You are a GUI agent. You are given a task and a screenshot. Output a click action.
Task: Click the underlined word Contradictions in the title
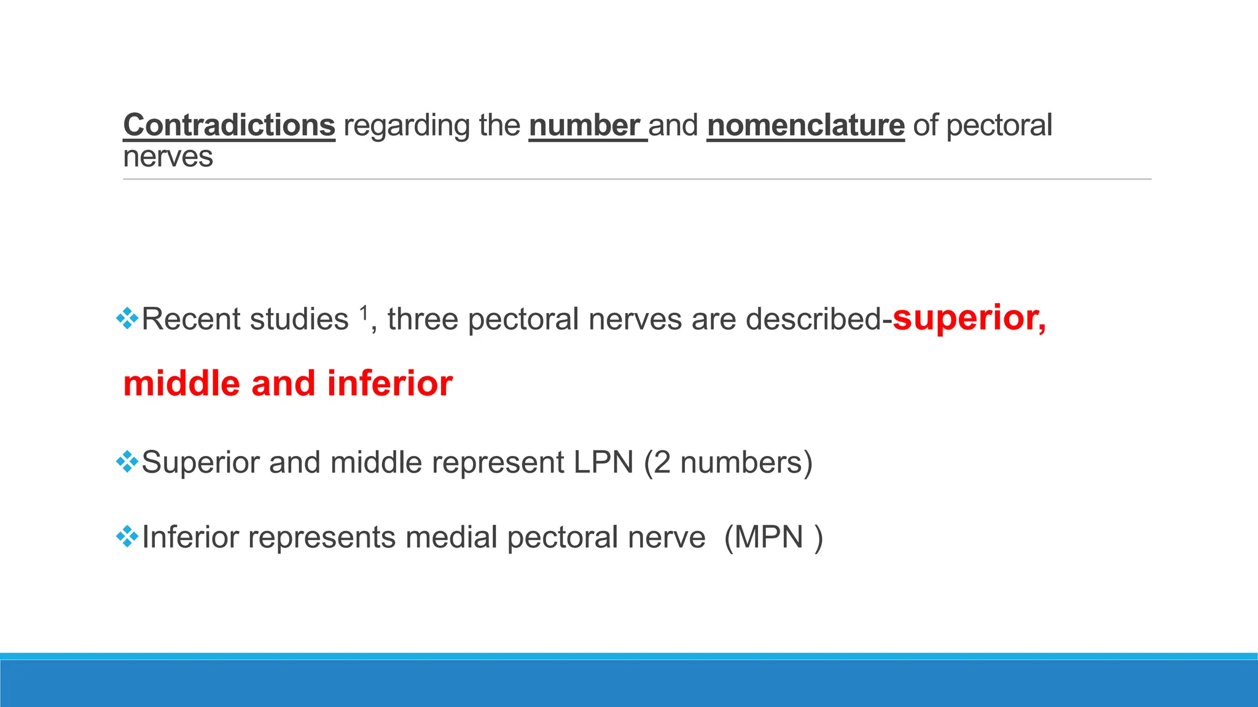[229, 125]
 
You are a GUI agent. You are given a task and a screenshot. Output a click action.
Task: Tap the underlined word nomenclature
[805, 125]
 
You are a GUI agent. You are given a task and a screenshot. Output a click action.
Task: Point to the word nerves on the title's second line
[168, 157]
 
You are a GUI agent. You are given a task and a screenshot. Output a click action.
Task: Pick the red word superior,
[969, 318]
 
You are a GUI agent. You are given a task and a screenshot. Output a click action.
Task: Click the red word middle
[181, 384]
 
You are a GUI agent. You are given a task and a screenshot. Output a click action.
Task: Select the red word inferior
[389, 384]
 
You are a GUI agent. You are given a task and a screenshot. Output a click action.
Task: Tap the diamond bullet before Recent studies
[127, 318]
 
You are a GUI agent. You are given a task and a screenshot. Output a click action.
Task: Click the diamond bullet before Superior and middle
[127, 462]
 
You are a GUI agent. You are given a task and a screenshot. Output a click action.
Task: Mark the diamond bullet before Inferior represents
[127, 536]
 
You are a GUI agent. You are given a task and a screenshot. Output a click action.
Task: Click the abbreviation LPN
[603, 462]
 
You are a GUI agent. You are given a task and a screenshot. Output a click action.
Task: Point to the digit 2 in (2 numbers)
[662, 463]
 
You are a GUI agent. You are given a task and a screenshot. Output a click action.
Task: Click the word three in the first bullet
[423, 319]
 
